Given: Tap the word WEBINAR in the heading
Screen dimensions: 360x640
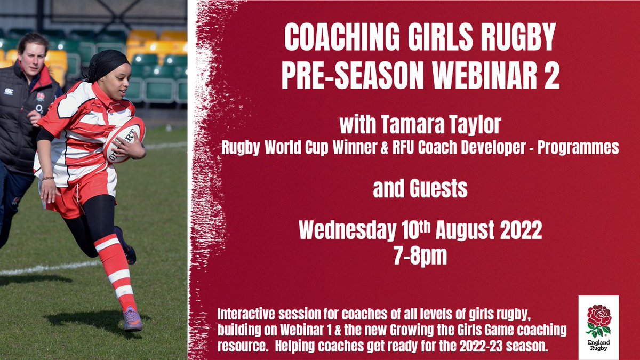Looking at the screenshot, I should pos(469,76).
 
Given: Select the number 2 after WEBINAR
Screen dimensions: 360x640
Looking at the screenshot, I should pos(551,76).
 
